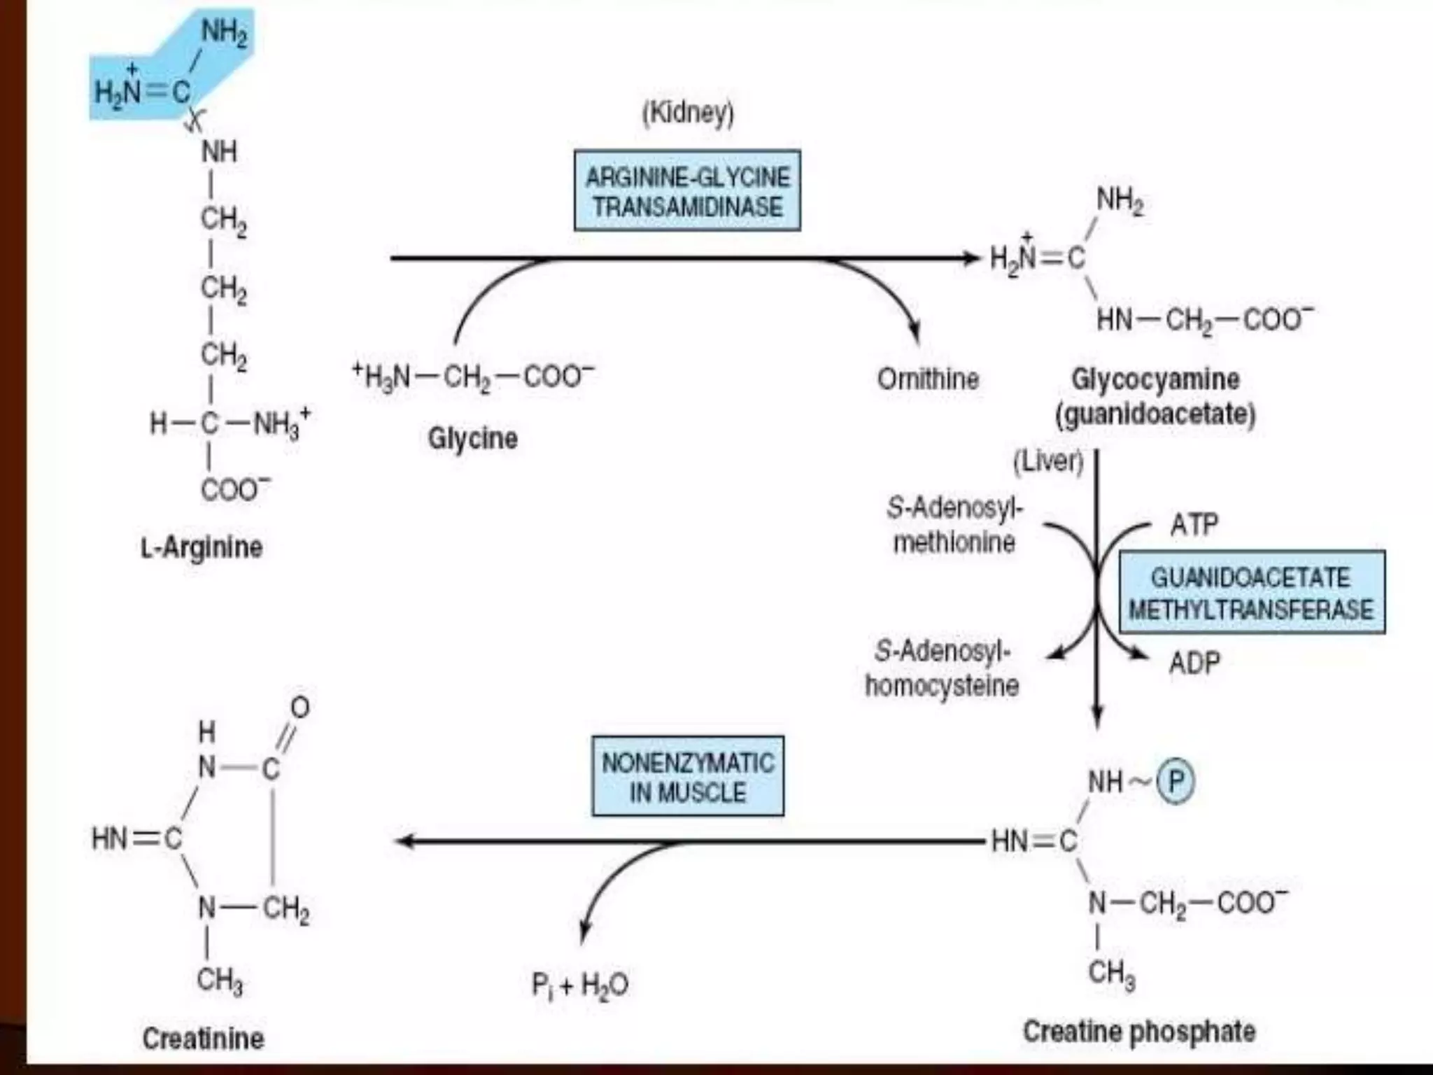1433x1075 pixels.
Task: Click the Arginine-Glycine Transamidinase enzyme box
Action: point(687,190)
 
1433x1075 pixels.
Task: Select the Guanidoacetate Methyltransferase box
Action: point(1252,592)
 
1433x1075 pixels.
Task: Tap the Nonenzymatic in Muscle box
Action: point(687,776)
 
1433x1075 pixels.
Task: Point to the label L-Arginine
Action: point(202,547)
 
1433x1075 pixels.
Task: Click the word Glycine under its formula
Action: point(473,439)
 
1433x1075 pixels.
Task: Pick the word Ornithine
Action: point(928,379)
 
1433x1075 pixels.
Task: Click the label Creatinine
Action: point(203,1038)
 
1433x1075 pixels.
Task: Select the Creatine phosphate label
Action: point(1139,1031)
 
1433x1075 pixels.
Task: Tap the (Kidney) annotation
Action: point(688,113)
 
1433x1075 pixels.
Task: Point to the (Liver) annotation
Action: point(1048,461)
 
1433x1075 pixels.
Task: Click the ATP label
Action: point(1194,524)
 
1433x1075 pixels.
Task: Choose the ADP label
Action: point(1194,662)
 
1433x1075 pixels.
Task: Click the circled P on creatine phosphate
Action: point(1176,781)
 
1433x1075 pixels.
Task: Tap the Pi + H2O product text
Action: point(579,985)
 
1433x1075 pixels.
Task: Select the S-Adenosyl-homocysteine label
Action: point(942,668)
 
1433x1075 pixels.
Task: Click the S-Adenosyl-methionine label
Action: point(954,524)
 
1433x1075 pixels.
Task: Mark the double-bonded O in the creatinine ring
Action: point(300,708)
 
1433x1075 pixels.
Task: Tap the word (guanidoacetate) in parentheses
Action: point(1155,414)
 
